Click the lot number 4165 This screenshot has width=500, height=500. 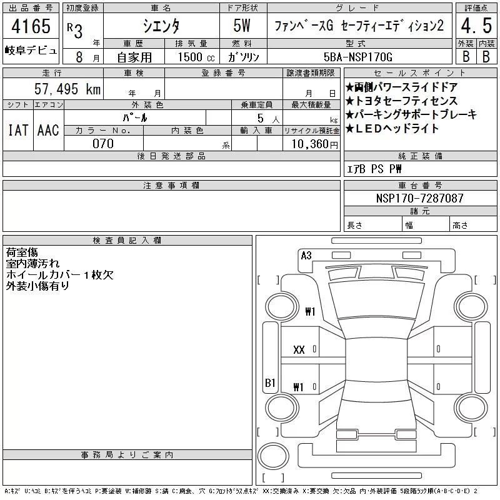coord(31,26)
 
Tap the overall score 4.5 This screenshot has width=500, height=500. coord(476,26)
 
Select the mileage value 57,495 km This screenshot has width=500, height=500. coord(67,89)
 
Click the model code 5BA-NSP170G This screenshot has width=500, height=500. coord(357,57)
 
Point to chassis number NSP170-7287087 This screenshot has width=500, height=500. coord(419,198)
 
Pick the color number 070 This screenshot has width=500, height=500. coord(103,144)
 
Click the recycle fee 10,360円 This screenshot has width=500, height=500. coord(314,144)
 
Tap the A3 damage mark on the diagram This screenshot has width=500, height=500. coord(306,256)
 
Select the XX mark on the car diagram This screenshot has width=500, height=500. coord(299,350)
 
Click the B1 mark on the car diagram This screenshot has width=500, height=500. coord(270,382)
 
